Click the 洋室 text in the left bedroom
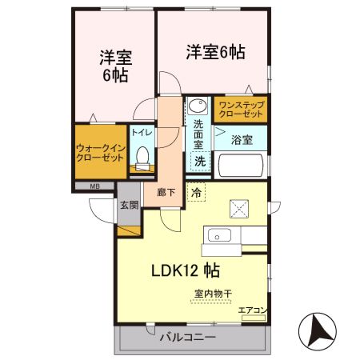coord(115,58)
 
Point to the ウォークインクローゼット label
coord(100,153)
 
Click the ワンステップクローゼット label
coord(239,109)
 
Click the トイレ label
coord(142,132)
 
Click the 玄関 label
coord(129,205)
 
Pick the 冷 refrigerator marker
coord(196,192)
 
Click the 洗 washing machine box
coord(200,160)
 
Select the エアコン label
coord(253,309)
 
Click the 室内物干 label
coord(213,294)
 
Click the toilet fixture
coord(142,158)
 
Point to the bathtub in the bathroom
coord(241,165)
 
